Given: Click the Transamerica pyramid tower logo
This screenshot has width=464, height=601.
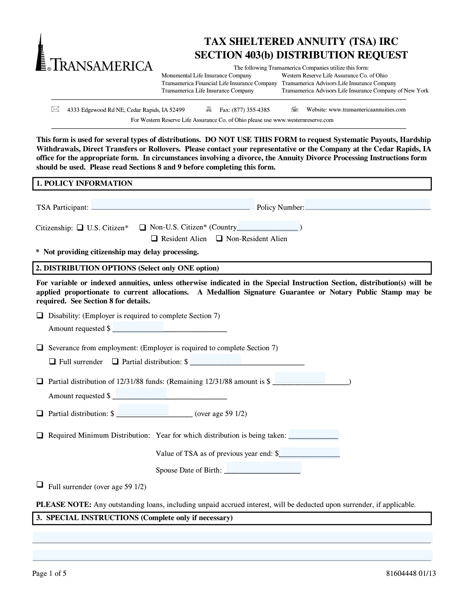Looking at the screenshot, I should [x=40, y=52].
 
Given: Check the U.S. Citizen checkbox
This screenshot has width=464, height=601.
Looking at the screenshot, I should [x=80, y=228].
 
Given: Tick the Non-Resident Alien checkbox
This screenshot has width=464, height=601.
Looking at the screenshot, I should [x=219, y=238].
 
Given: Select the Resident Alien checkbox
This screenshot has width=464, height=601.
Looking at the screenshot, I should [x=154, y=238].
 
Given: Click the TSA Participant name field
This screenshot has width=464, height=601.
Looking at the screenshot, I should [x=172, y=205].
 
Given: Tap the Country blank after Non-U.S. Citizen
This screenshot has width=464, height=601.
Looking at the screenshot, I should [x=268, y=226].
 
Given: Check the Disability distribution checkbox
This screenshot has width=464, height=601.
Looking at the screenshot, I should [x=39, y=315].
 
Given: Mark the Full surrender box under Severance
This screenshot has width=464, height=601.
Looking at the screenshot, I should [x=53, y=361].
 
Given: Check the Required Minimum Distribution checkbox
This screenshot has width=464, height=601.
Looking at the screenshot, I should [x=39, y=435].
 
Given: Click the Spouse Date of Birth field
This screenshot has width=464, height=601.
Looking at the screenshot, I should [x=263, y=468].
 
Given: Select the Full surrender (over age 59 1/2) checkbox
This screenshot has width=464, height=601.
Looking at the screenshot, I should [x=39, y=484].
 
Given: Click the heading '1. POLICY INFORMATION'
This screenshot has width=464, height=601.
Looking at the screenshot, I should [x=84, y=183].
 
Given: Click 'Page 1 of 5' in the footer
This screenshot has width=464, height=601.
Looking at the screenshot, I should [x=49, y=574].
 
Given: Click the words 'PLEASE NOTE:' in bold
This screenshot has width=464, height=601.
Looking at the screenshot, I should [x=63, y=505].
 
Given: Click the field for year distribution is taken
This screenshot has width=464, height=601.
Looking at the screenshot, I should [x=314, y=434].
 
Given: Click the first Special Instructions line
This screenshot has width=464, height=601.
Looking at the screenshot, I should [x=232, y=537].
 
